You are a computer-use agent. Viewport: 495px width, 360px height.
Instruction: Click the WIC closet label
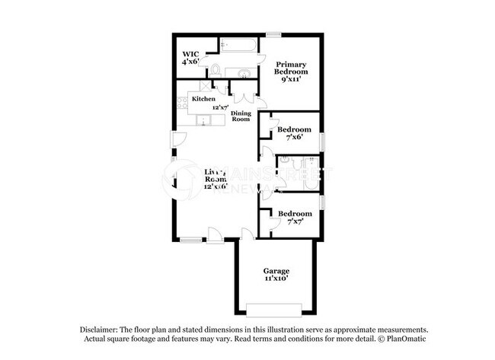pyautogui.click(x=189, y=53)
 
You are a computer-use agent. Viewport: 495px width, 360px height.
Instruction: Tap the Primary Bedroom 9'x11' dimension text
pyautogui.click(x=290, y=79)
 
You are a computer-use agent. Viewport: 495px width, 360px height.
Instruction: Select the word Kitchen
pyautogui.click(x=203, y=99)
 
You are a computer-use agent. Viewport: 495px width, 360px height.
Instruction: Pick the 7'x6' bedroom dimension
pyautogui.click(x=293, y=138)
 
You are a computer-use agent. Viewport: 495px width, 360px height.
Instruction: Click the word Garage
pyautogui.click(x=276, y=271)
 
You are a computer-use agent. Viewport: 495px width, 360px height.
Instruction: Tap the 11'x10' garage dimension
pyautogui.click(x=276, y=279)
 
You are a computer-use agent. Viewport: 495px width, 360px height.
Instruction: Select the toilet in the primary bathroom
pyautogui.click(x=215, y=72)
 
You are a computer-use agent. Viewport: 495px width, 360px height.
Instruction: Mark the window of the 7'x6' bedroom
pyautogui.click(x=321, y=142)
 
